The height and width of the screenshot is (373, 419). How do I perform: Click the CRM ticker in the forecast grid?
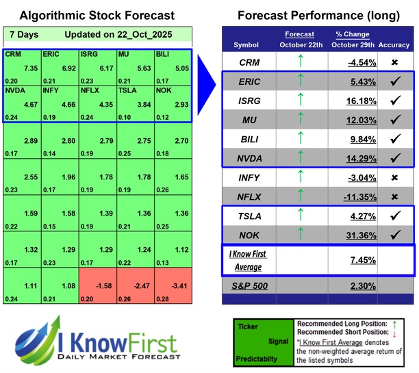click(12, 53)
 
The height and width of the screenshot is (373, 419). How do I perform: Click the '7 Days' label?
click(24, 34)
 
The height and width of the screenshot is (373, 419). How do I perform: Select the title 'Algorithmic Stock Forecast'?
click(97, 15)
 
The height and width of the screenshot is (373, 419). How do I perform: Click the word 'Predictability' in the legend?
click(257, 358)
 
